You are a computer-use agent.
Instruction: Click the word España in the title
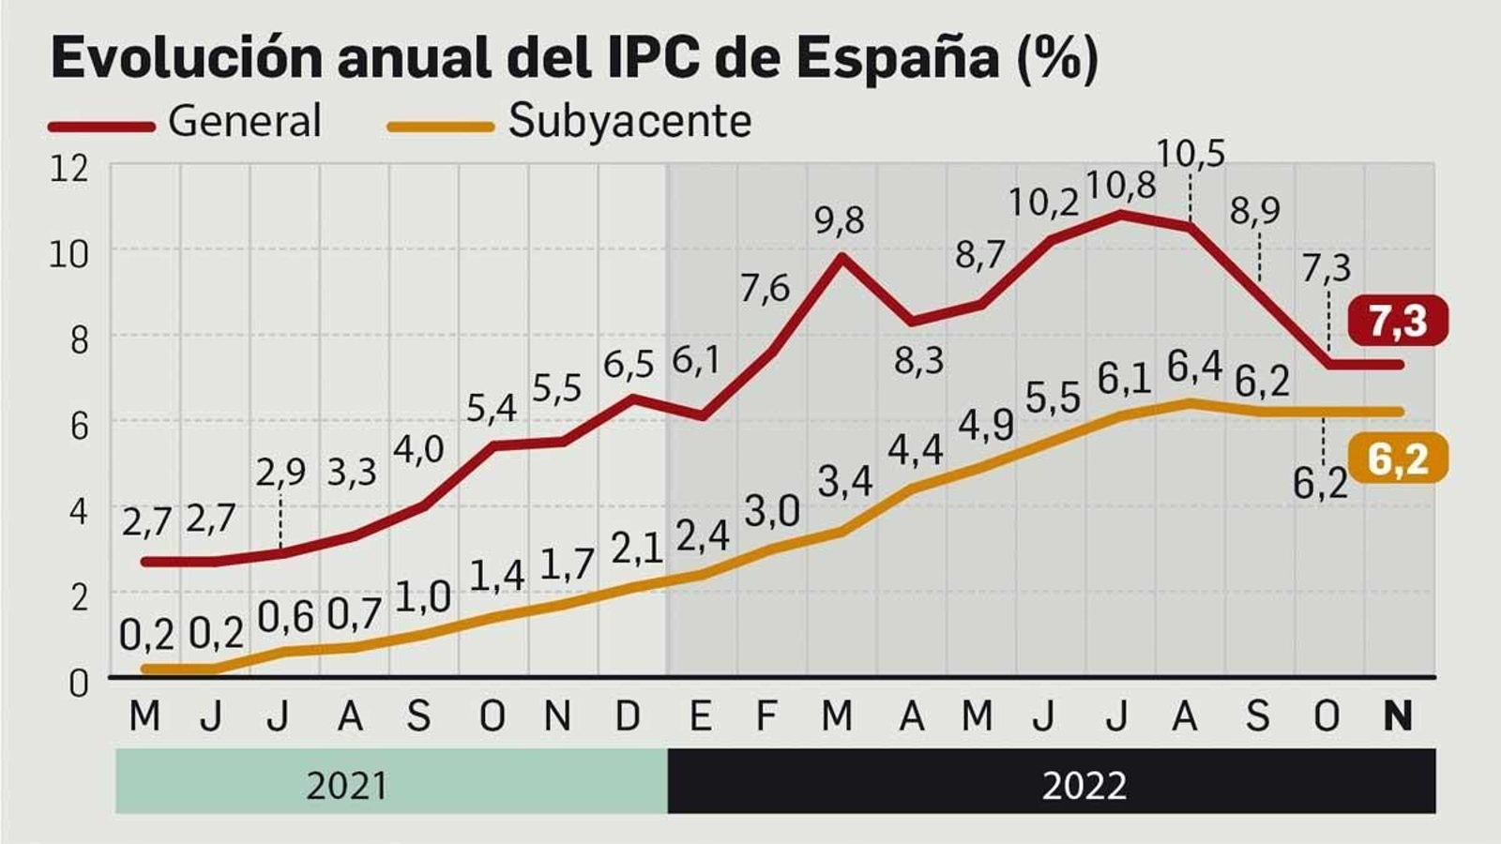898,57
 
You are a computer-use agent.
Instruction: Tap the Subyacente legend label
629,121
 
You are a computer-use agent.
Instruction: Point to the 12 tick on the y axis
68,169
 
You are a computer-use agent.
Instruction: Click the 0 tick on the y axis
79,683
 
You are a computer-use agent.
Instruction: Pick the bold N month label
1398,716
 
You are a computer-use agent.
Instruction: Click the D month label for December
628,716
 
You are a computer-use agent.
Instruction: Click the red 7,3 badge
1398,321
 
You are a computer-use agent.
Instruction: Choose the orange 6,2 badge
1398,460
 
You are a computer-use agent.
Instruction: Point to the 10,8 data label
1120,186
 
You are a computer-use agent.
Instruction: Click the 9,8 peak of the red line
841,255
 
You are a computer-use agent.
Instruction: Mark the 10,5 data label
1190,154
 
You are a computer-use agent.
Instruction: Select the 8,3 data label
918,360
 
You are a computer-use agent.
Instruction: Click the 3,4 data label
844,481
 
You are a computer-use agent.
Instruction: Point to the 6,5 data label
628,364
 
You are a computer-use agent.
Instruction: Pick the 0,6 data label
285,616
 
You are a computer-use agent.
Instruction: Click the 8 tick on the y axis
79,339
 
